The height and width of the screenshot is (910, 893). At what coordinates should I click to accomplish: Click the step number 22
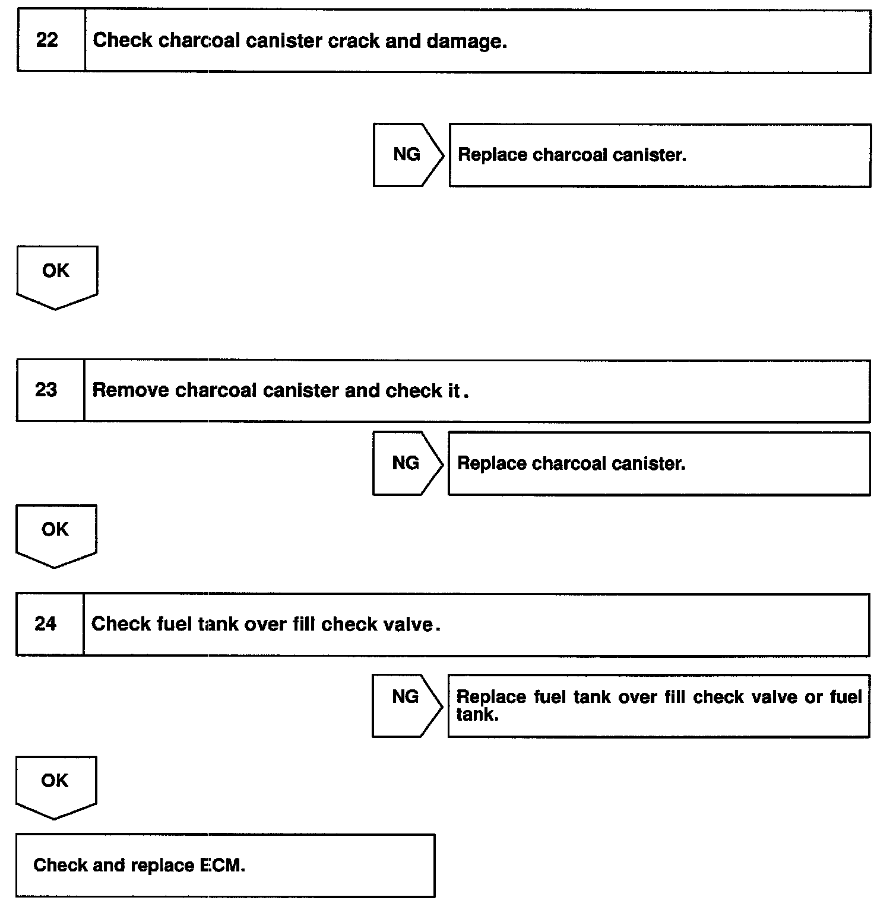(47, 40)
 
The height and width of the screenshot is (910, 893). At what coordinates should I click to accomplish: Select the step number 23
(46, 390)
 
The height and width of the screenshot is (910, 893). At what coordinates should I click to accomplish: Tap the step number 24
(45, 624)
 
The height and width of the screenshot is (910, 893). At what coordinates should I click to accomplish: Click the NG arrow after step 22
(407, 155)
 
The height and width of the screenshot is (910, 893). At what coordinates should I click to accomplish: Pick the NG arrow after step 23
(407, 463)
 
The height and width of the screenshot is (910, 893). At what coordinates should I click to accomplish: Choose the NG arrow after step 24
(406, 697)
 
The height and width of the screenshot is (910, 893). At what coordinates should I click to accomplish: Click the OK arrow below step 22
(56, 274)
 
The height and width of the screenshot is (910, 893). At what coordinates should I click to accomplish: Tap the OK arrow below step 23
(55, 532)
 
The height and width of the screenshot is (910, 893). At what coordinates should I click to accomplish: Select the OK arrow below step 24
(55, 784)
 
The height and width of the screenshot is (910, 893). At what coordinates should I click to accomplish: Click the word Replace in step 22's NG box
(492, 155)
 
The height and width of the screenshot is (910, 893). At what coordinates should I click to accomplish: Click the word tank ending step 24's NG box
(476, 715)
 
